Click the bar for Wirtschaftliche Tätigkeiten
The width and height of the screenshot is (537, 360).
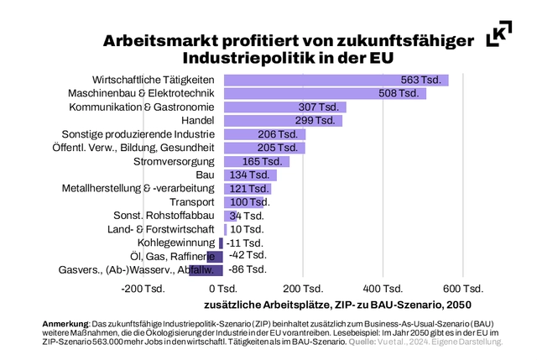tap(336, 80)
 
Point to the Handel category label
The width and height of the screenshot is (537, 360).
tap(199, 121)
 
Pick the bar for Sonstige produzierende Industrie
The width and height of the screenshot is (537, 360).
tap(265, 134)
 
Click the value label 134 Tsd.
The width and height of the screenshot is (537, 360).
tap(250, 175)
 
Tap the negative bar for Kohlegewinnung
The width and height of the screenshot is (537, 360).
tap(222, 243)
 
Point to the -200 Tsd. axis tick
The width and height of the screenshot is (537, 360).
tap(143, 288)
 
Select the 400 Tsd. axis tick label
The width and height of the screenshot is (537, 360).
tap(383, 288)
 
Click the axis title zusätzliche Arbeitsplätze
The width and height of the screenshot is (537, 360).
tap(268, 304)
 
